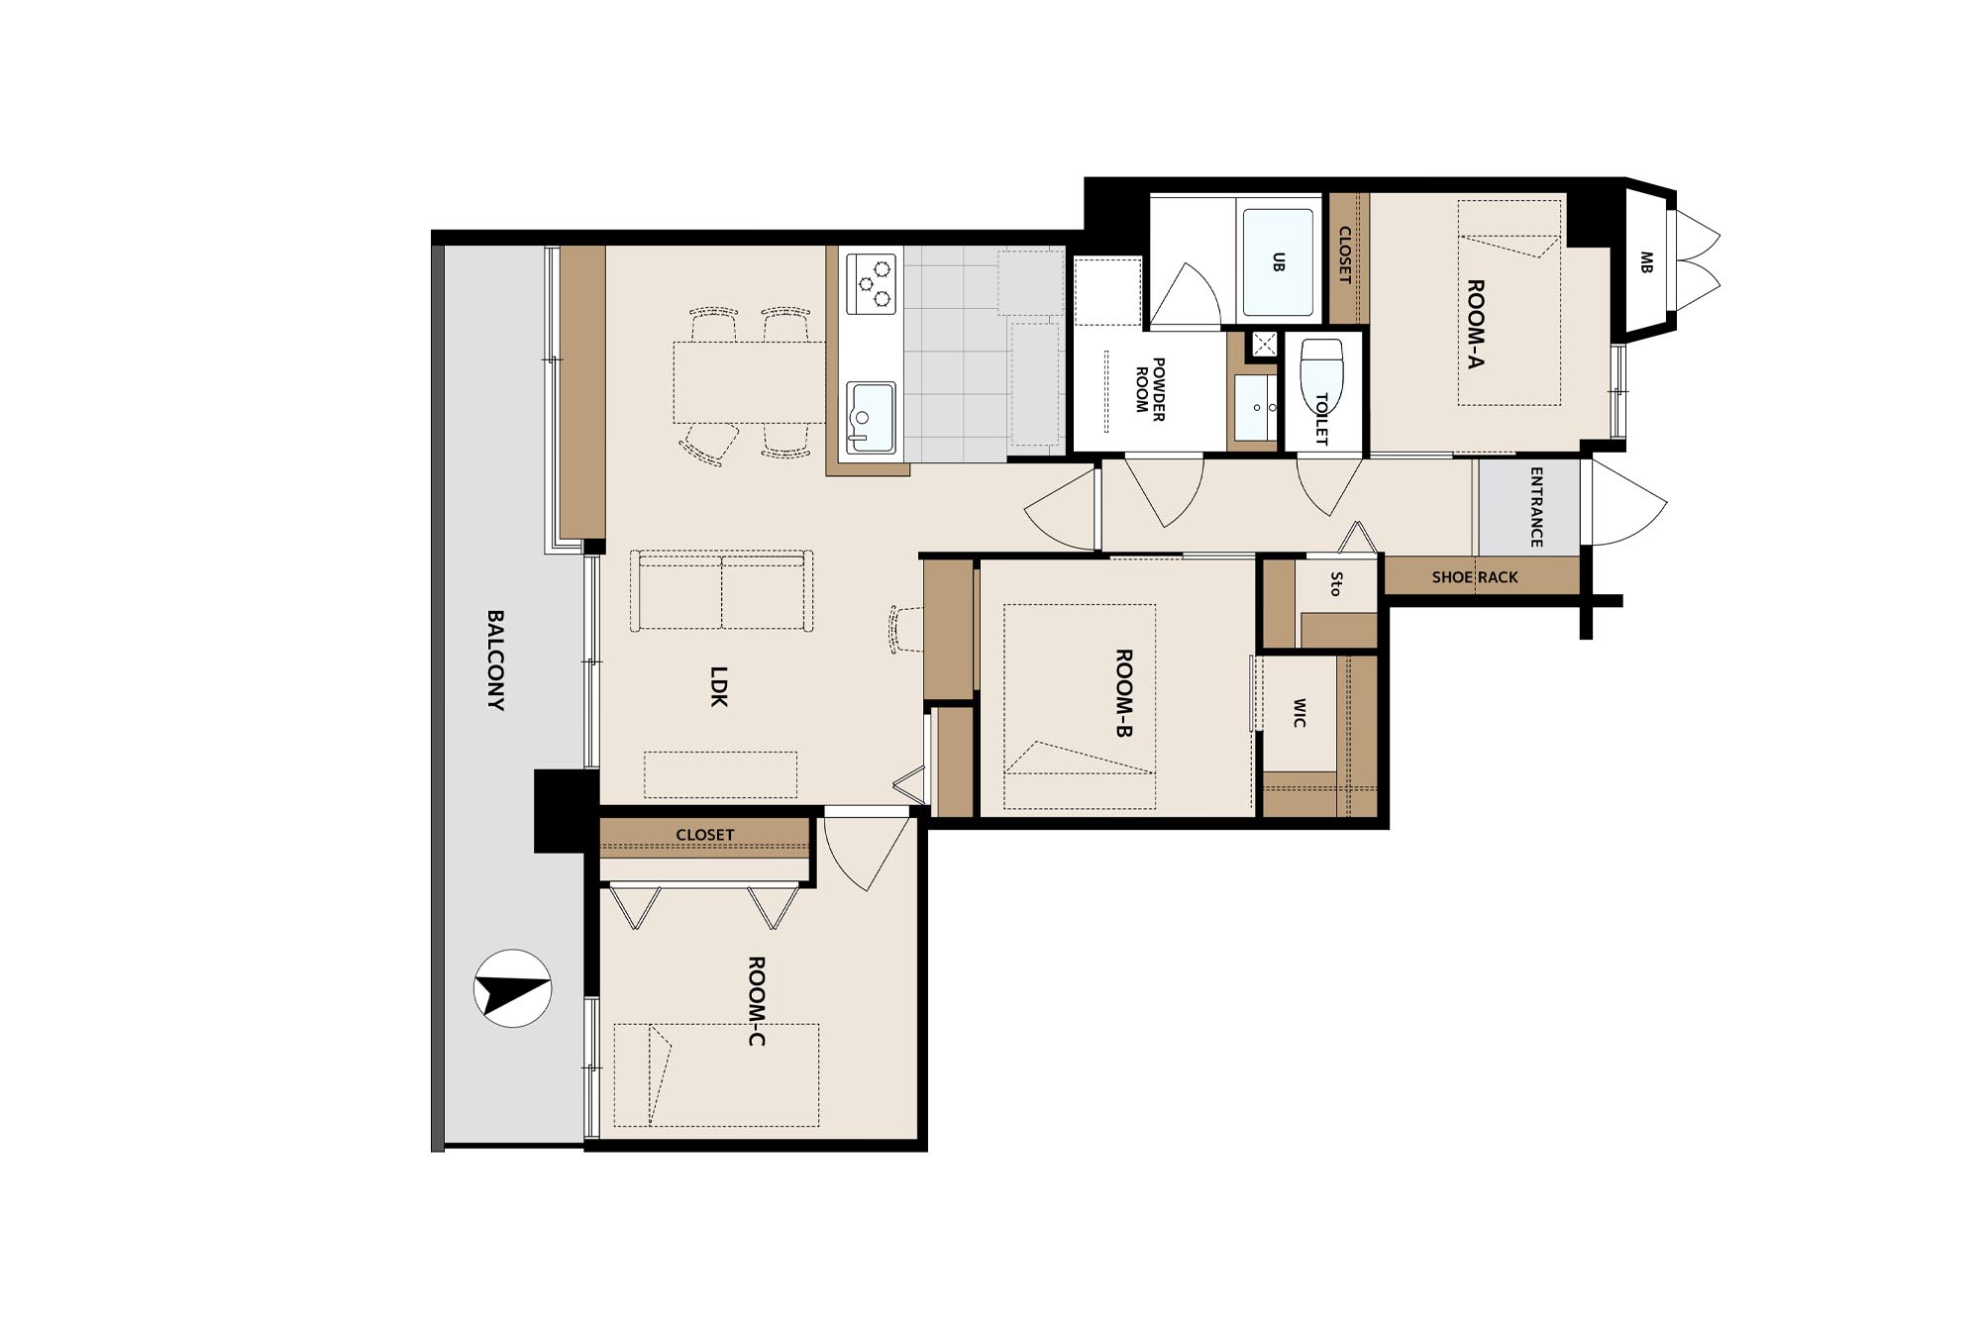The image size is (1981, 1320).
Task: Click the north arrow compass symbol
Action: tap(512, 988)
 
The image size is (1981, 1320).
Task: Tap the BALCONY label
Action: tap(495, 660)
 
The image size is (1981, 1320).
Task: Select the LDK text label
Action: tap(719, 685)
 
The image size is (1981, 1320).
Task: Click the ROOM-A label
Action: tap(1475, 324)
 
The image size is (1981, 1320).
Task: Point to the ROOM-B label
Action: tap(1123, 693)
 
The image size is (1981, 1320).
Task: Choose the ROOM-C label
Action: tap(756, 1001)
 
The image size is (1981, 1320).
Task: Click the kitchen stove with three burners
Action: tap(872, 284)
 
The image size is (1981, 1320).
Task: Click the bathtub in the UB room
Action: tap(1278, 262)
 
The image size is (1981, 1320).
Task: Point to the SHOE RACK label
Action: tap(1475, 577)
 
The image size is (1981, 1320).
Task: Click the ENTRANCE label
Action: tap(1536, 507)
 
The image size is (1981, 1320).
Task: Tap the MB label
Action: tap(1645, 262)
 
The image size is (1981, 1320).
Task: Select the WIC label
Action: tap(1299, 713)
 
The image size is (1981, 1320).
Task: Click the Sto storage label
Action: tap(1335, 584)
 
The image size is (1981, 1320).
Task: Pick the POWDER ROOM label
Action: tap(1149, 389)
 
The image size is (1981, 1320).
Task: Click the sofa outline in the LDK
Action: tap(722, 591)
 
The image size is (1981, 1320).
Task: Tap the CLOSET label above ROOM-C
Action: tap(705, 835)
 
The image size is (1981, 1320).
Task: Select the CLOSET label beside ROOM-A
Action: tap(1345, 255)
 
